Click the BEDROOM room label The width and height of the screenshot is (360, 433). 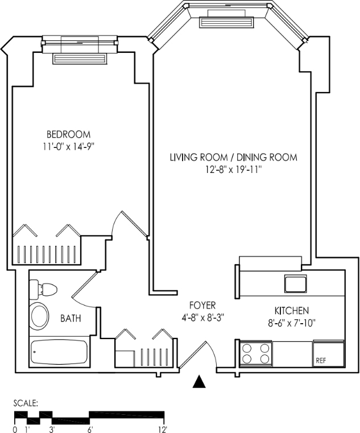pos(68,134)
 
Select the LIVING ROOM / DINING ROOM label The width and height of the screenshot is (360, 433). pos(234,158)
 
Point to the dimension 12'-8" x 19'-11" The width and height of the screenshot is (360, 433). pos(234,170)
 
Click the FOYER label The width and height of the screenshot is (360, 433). pos(202,306)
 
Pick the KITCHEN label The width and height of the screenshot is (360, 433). pos(292,311)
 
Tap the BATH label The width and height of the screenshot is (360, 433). pos(71,319)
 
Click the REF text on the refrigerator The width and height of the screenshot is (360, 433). pos(321,361)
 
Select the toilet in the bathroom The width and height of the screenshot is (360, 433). pos(42,290)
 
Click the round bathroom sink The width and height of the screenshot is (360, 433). pos(39,316)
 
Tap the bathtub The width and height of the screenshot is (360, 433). pos(59,352)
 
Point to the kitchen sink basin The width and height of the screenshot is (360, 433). pos(295,284)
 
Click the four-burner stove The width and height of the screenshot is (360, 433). pos(256,354)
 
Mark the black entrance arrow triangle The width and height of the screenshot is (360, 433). pos(199,381)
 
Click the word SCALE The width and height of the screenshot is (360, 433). pos(26,403)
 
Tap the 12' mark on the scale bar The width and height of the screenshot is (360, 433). pos(163,430)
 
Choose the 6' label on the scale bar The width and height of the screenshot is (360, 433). pos(90,430)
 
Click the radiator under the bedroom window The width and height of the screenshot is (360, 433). pos(80,59)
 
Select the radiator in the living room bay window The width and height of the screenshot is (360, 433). pos(226,22)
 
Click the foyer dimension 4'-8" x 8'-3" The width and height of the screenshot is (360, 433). pos(202,318)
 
